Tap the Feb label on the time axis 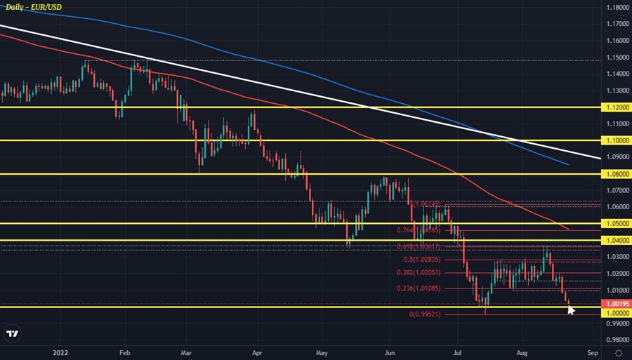125,353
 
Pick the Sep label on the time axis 592,353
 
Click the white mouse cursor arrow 571,309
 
